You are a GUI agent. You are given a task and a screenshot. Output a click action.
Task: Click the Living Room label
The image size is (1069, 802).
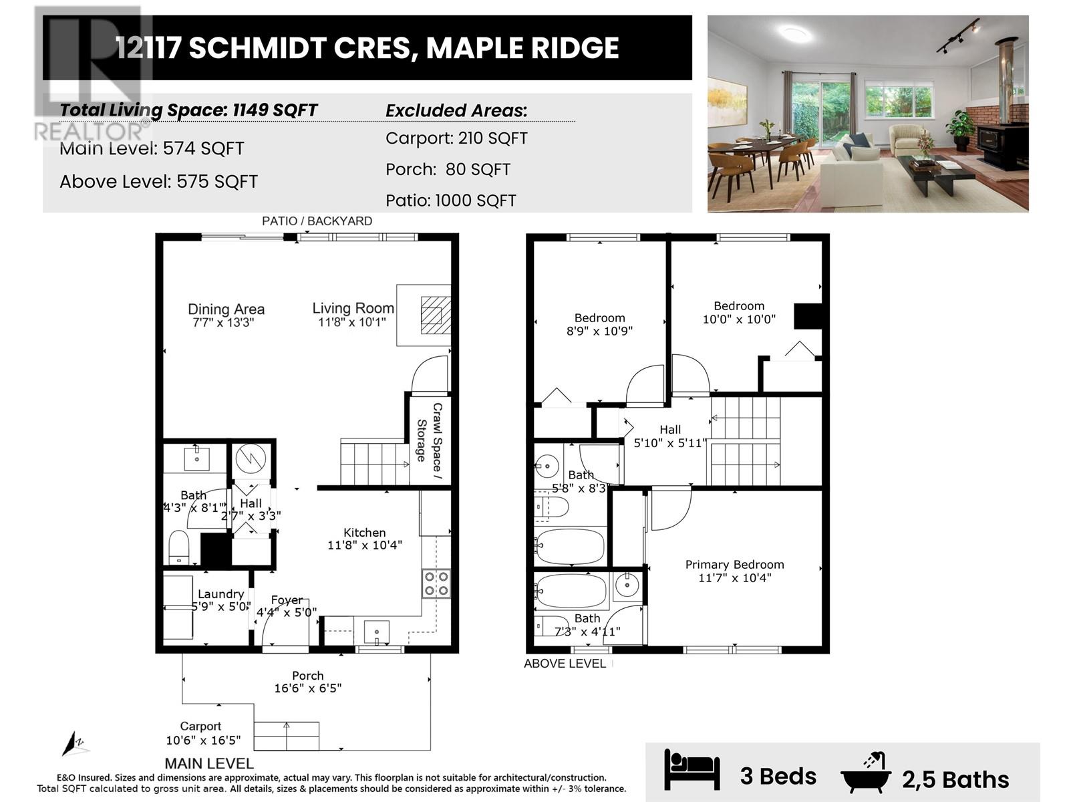click(x=353, y=308)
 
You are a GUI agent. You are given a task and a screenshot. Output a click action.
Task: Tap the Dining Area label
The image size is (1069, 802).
click(x=226, y=309)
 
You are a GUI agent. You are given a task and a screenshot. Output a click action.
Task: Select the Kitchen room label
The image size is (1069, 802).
click(x=364, y=533)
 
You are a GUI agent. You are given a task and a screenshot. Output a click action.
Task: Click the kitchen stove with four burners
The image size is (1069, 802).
click(x=436, y=583)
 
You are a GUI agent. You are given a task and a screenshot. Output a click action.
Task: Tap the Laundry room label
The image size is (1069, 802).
click(x=220, y=594)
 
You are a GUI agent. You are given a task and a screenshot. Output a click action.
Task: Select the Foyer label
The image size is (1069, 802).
click(x=287, y=600)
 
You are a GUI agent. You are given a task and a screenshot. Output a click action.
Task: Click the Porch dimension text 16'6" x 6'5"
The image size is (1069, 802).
click(x=307, y=688)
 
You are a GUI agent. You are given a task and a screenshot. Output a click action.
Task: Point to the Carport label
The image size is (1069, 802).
click(x=200, y=726)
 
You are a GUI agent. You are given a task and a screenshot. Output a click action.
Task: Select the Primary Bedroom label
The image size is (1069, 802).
click(x=734, y=565)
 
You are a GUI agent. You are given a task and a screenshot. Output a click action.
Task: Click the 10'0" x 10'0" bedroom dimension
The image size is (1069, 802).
click(x=739, y=319)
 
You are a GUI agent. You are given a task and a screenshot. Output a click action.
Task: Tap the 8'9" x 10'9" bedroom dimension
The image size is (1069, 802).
click(x=599, y=331)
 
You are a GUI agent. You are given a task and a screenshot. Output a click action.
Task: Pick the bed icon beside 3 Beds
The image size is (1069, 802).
click(x=692, y=769)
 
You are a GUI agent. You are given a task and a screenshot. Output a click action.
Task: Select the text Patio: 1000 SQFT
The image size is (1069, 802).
click(x=451, y=200)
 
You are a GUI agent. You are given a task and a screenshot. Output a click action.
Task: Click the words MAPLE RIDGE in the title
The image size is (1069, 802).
click(x=522, y=48)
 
